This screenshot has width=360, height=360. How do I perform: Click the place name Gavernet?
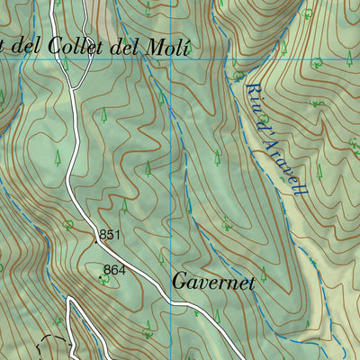click(213, 282)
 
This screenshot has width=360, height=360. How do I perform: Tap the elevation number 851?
click(110, 235)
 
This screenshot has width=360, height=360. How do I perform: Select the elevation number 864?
click(113, 269)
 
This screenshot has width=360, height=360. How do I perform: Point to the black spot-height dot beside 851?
click(95, 241)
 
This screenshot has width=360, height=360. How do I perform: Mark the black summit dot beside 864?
click(100, 276)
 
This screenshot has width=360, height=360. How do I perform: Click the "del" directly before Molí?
click(134, 48)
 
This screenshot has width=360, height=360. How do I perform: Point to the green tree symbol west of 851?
click(68, 224)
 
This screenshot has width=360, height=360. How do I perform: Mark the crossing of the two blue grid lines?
click(170, 59)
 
